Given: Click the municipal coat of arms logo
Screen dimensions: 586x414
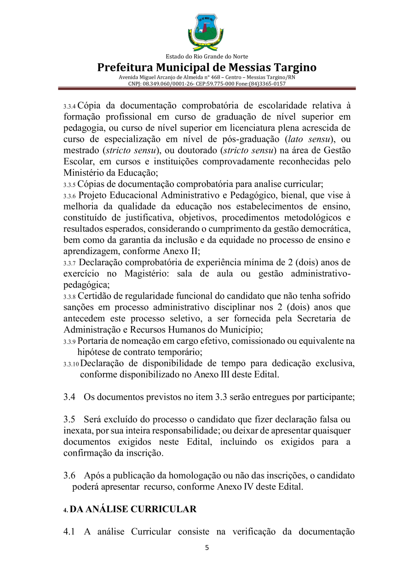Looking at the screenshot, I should click(x=206, y=33).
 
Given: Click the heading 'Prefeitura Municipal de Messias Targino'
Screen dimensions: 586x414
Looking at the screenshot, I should click(x=207, y=68).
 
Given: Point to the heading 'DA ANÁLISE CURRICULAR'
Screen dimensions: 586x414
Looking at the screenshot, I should click(x=133, y=510).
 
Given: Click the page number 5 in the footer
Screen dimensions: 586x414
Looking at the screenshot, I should click(x=207, y=548).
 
